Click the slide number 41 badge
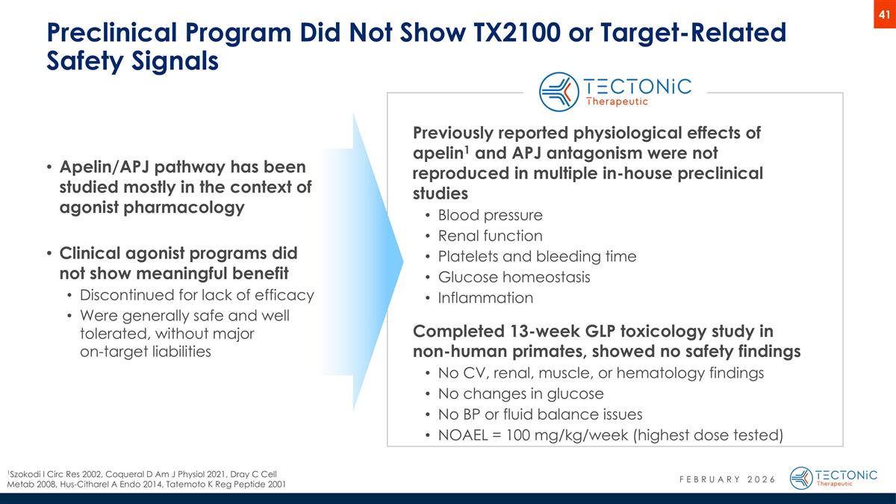pos(884,14)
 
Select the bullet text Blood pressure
pos(490,215)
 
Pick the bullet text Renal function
pos(490,236)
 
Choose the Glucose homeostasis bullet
pos(514,278)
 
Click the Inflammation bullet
pos(485,299)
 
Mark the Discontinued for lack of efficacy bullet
pos(196,295)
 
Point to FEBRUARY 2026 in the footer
pos(721,479)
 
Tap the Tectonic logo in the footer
pos(833,478)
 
